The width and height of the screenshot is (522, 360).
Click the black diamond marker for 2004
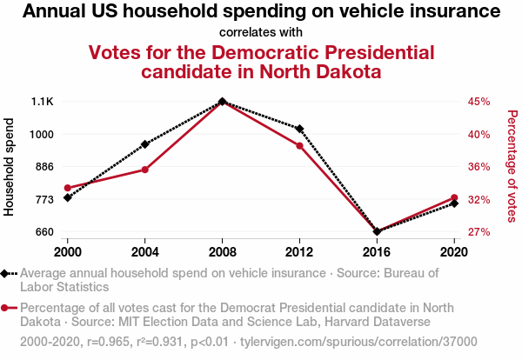(144, 143)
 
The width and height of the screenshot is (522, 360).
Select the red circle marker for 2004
(144, 170)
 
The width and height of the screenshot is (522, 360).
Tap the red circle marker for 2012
(299, 145)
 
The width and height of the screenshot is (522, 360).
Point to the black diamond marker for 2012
(299, 129)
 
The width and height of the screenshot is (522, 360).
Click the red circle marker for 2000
(67, 188)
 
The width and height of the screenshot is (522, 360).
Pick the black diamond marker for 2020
(454, 203)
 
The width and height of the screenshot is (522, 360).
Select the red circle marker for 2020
(454, 197)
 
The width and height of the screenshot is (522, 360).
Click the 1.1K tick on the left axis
(42, 102)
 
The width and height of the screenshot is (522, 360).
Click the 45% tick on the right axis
(479, 102)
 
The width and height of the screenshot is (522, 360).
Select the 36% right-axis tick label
(479, 167)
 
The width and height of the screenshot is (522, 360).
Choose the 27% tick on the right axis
(479, 232)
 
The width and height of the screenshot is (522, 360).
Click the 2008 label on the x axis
(222, 251)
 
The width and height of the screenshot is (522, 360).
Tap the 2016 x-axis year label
(377, 251)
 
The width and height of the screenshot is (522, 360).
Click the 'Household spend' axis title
(10, 167)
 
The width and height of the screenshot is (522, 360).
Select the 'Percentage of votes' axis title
(512, 167)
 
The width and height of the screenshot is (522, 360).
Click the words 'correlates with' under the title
(261, 32)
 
